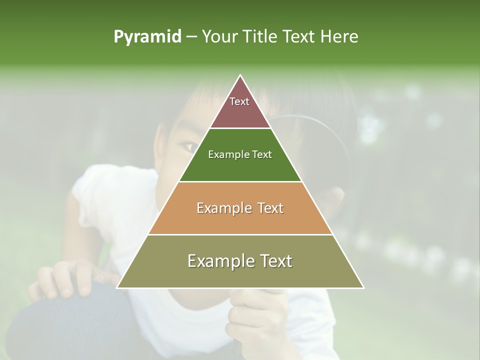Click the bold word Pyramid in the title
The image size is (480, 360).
click(147, 37)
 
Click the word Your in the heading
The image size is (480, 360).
click(220, 36)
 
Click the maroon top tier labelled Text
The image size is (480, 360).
click(240, 107)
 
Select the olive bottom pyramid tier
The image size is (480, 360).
click(240, 267)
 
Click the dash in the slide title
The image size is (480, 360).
click(191, 37)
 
